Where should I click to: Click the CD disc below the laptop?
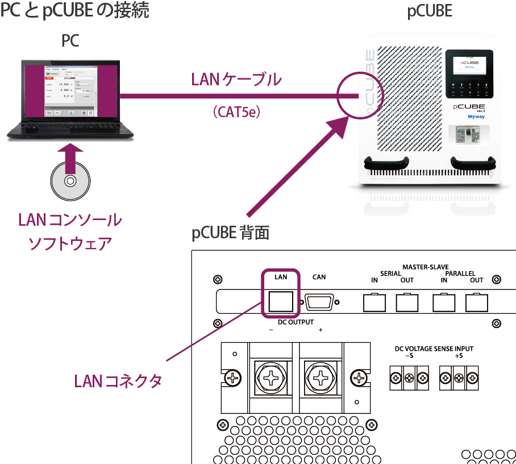(69, 181)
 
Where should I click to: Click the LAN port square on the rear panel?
(280, 301)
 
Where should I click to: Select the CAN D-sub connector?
(321, 302)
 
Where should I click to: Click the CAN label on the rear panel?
(319, 277)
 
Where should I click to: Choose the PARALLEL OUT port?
(476, 302)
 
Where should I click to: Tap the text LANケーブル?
(236, 80)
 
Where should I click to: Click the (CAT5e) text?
(236, 112)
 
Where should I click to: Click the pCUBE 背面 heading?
(230, 233)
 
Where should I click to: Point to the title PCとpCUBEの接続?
(74, 11)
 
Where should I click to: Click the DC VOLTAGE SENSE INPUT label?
(434, 349)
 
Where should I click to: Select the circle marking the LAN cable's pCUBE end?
(357, 94)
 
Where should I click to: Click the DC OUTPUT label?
(296, 322)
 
